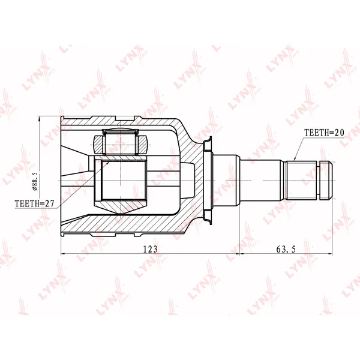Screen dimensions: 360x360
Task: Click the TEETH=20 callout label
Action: tap(324, 133)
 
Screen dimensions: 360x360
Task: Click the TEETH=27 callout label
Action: tap(34, 203)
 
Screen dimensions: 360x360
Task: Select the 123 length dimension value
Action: tap(151, 249)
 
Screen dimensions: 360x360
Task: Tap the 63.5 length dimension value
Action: tap(286, 249)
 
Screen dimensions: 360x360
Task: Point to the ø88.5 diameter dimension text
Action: tap(35, 180)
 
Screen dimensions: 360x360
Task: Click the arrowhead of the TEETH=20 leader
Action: tap(295, 158)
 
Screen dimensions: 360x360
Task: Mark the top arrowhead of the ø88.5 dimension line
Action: tap(39, 118)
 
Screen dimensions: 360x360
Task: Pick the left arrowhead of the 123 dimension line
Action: tap(64, 254)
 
